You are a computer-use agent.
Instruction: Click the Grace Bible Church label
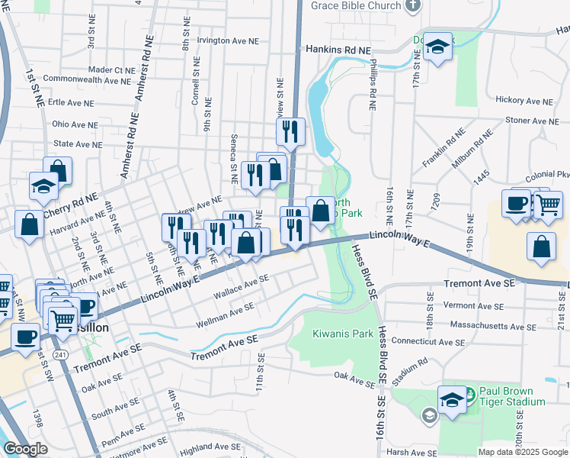(357, 6)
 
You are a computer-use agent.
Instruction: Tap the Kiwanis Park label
(342, 334)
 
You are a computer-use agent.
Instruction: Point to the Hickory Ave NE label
(527, 100)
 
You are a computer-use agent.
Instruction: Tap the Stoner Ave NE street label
(532, 121)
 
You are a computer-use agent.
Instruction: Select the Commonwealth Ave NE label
(87, 79)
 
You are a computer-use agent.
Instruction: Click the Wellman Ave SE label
(226, 309)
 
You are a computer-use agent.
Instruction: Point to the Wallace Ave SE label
(241, 288)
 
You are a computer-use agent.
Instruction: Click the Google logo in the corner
(25, 449)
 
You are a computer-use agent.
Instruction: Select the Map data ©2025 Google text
(522, 452)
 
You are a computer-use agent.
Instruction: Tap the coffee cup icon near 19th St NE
(516, 204)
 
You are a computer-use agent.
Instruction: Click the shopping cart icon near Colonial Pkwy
(548, 204)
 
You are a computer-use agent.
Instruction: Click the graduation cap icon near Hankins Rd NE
(438, 47)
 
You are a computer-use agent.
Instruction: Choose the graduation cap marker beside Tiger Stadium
(452, 399)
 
